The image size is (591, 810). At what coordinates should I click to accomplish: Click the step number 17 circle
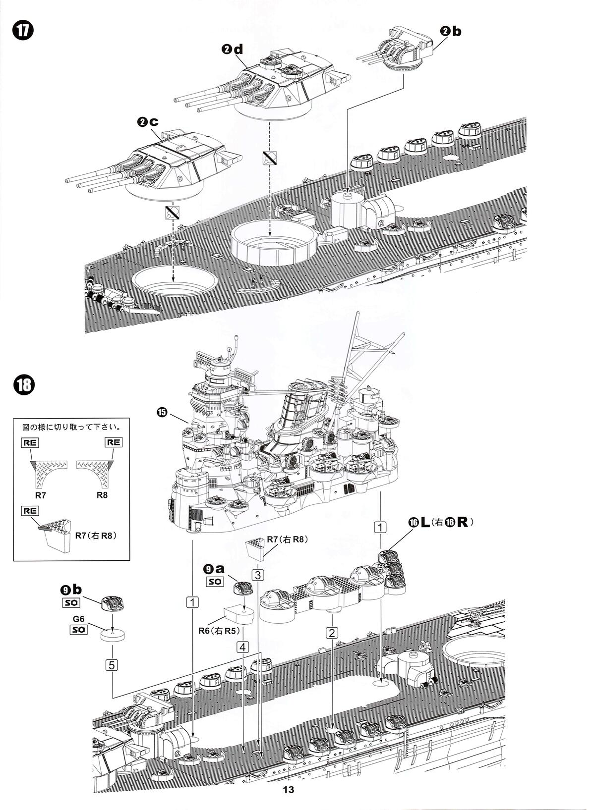[x=23, y=30]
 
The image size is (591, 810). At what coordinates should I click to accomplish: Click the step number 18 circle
[x=23, y=385]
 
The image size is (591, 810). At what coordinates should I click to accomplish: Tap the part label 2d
[x=233, y=49]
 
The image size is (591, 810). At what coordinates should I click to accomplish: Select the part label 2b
[x=450, y=31]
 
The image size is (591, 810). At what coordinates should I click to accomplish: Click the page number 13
[x=288, y=790]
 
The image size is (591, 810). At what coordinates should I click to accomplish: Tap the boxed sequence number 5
[x=113, y=664]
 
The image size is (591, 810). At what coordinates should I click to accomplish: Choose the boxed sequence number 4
[x=242, y=647]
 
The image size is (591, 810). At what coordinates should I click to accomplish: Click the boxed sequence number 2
[x=332, y=632]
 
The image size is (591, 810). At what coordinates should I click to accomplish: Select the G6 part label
[x=78, y=619]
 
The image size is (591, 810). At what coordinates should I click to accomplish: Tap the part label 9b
[x=72, y=590]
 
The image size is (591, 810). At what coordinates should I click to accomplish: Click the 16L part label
[x=419, y=522]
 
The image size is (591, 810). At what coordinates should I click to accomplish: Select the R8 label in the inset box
[x=102, y=494]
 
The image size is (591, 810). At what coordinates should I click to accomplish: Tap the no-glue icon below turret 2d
[x=270, y=157]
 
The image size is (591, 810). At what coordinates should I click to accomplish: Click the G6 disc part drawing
[x=112, y=635]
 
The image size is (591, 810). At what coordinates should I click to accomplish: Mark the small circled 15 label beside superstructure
[x=162, y=412]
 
